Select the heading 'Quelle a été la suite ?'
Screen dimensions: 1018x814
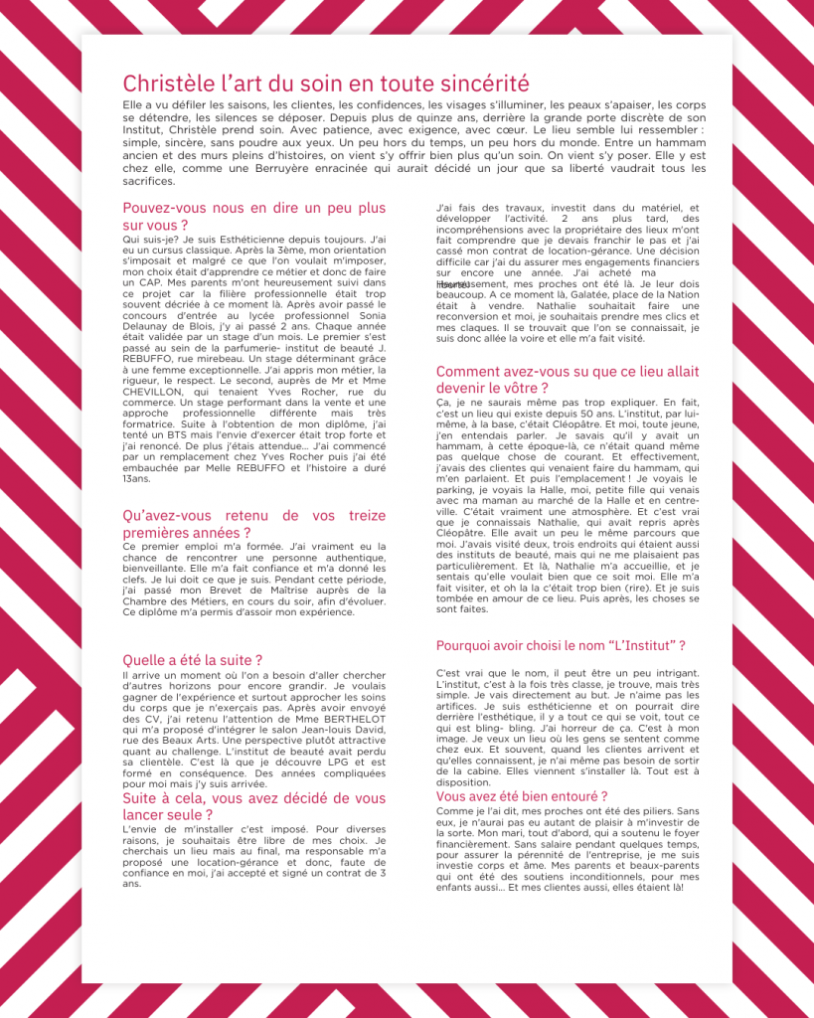192,659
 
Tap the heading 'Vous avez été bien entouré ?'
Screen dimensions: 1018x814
522,796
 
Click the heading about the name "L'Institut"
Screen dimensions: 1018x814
561,646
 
